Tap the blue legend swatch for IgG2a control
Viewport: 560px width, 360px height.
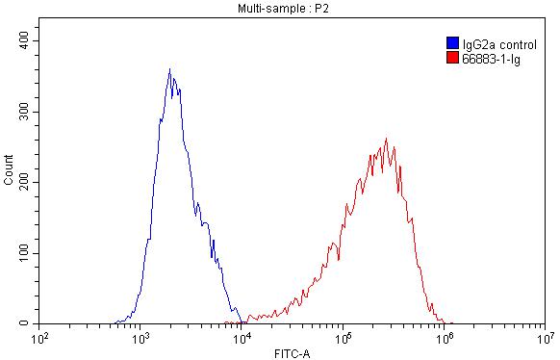pyautogui.click(x=452, y=43)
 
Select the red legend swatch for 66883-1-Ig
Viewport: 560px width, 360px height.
pyautogui.click(x=452, y=58)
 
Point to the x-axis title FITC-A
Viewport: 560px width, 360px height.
pyautogui.click(x=293, y=353)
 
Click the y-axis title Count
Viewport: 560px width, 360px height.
pyautogui.click(x=9, y=169)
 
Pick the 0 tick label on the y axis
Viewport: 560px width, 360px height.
pyautogui.click(x=29, y=324)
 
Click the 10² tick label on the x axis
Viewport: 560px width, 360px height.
pyautogui.click(x=40, y=339)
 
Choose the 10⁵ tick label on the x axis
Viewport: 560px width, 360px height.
pyautogui.click(x=344, y=339)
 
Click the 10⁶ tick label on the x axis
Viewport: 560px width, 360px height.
pyautogui.click(x=445, y=339)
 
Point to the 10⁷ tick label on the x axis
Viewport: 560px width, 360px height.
pyautogui.click(x=545, y=339)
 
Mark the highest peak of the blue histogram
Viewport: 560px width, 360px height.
pyautogui.click(x=169, y=69)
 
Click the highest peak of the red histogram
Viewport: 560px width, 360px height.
pyautogui.click(x=386, y=139)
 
